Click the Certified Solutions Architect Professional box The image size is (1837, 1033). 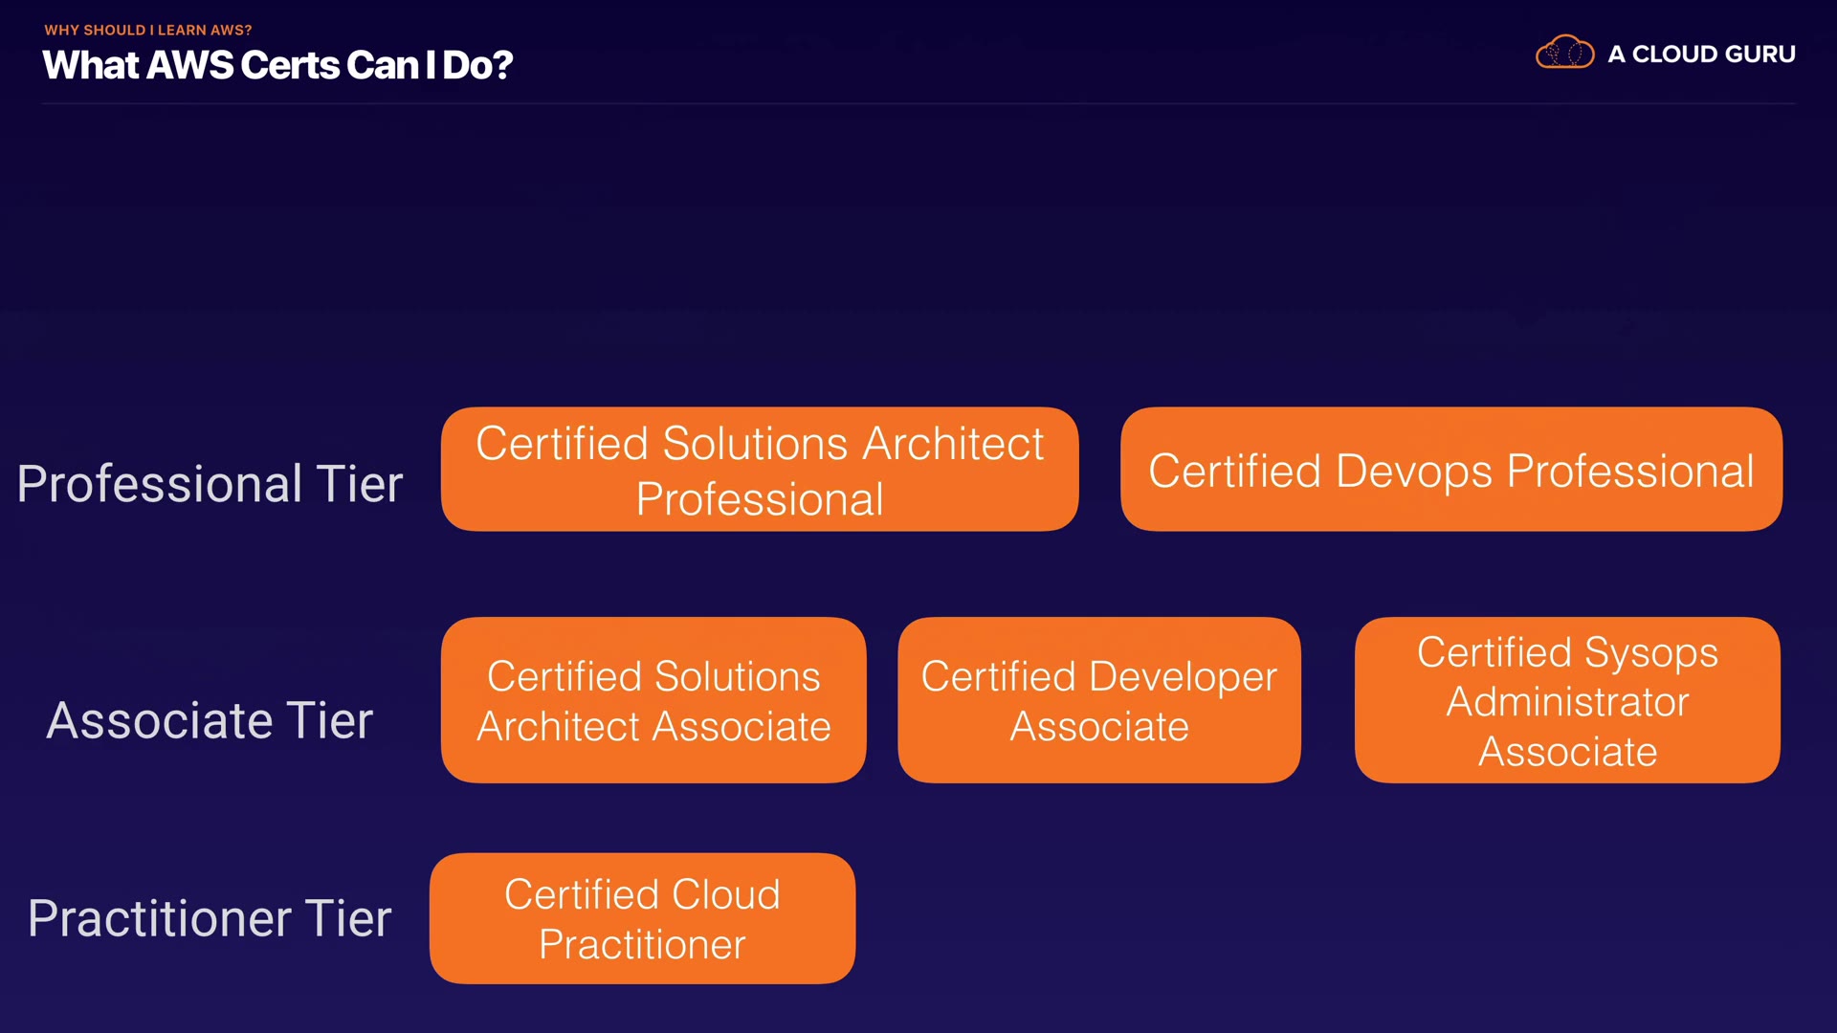pos(760,469)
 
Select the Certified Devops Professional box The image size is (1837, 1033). pos(1451,469)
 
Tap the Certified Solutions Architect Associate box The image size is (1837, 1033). pos(653,700)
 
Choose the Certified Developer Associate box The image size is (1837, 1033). pos(1099,700)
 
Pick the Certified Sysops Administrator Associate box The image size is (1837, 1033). pos(1567,700)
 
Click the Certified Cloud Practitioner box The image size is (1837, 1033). pos(642,918)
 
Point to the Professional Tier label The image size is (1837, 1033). pos(210,483)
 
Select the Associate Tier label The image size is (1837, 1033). pos(210,719)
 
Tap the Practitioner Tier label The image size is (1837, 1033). pos(210,918)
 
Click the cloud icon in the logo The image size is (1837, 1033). pos(1564,53)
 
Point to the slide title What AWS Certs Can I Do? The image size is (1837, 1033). pos(277,65)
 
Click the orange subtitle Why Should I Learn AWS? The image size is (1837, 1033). pos(148,30)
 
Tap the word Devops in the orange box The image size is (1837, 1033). pos(1414,471)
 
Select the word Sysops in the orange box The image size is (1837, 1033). pos(1651,653)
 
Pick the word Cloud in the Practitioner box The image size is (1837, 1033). pos(727,895)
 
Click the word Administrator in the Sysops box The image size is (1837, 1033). pos(1567,702)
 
